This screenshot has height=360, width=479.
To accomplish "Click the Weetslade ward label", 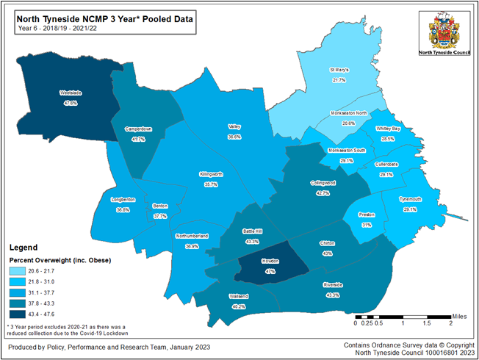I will (x=71, y=94).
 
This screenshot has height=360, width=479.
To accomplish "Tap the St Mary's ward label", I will (x=339, y=71).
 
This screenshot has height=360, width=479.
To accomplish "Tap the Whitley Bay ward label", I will (x=388, y=129).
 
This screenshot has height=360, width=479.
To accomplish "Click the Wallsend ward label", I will (x=239, y=296).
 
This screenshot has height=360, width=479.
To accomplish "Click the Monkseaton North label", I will (x=349, y=113).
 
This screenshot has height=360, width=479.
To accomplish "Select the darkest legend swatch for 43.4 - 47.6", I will (x=21, y=314).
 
